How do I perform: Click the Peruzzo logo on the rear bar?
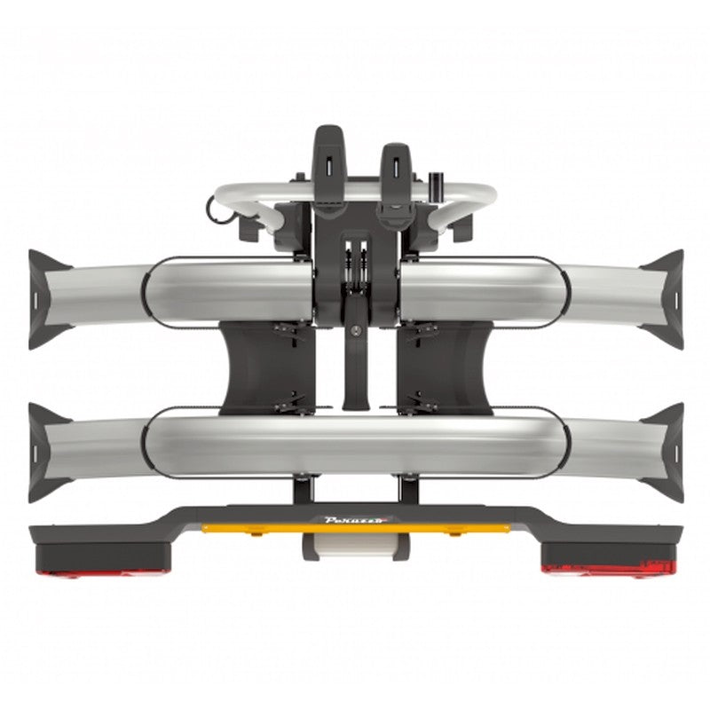356,520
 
